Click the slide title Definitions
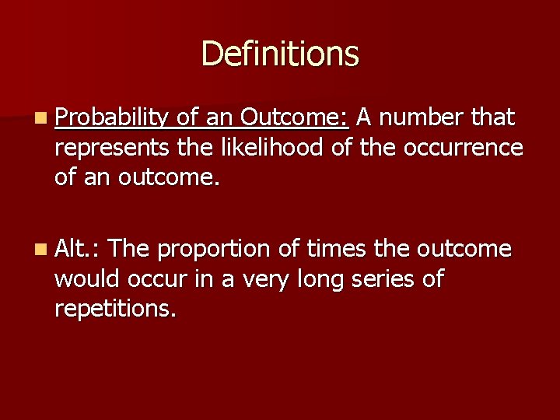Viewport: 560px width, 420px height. point(280,54)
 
